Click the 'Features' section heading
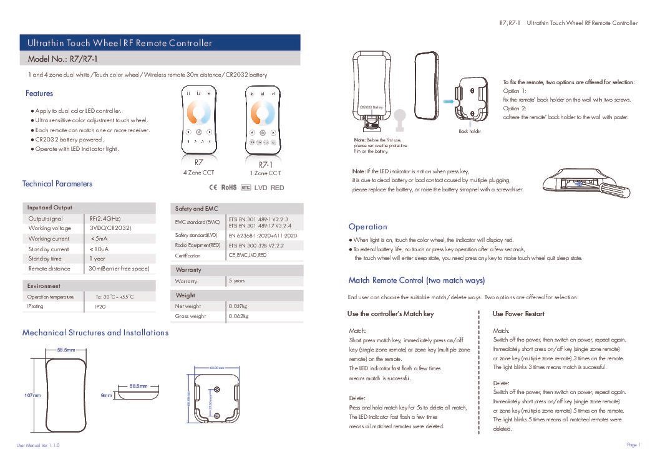(39, 93)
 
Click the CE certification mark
(212, 188)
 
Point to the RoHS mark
(229, 188)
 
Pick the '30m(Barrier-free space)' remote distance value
(119, 269)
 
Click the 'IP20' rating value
(100, 307)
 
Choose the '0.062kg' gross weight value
(238, 316)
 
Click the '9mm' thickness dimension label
(106, 395)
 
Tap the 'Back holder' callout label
(470, 131)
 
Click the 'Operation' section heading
(368, 227)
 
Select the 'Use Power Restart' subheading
(518, 314)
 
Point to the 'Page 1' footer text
(633, 444)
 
